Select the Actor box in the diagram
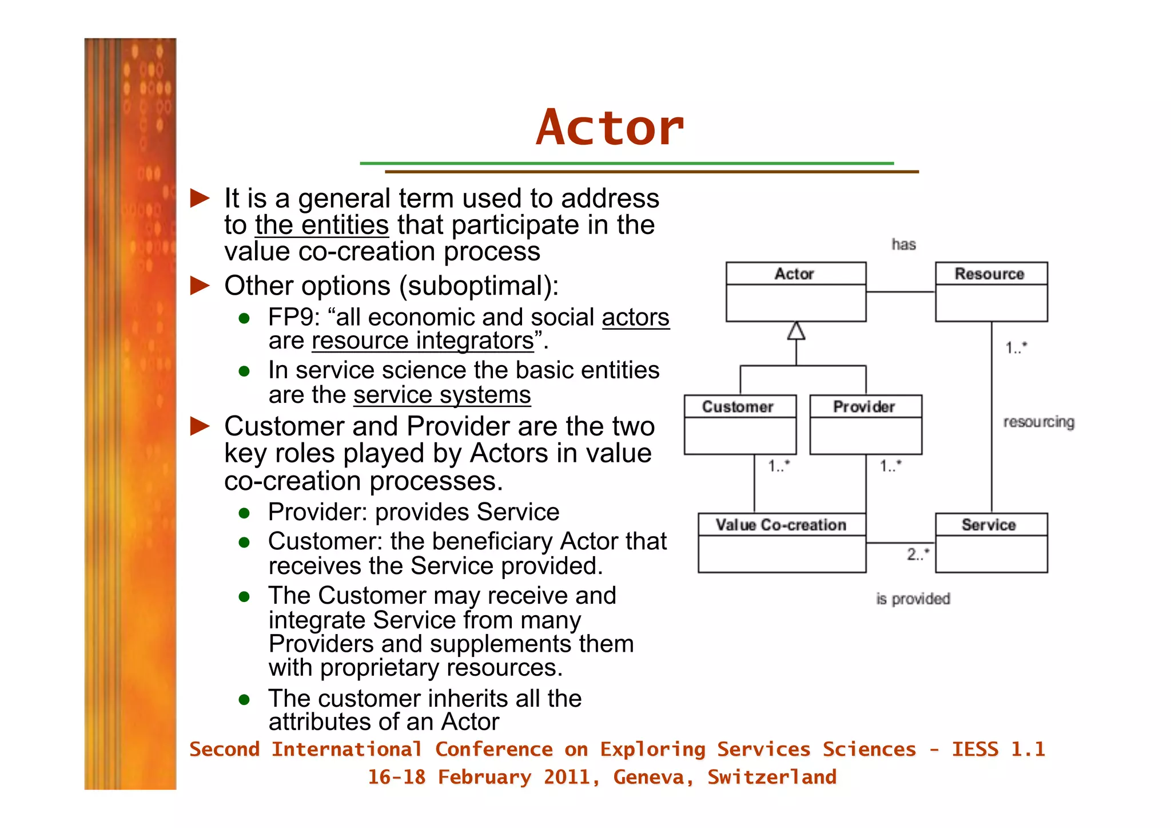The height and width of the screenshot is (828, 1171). point(795,292)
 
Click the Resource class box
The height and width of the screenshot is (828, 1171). point(991,292)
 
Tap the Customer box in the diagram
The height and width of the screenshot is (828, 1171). point(739,425)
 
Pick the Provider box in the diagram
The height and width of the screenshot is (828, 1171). point(865,425)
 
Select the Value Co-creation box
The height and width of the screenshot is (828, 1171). point(781,542)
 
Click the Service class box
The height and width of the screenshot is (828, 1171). point(991,542)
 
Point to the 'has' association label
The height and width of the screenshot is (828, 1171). point(903,245)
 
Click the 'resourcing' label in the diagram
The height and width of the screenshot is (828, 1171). point(1038,422)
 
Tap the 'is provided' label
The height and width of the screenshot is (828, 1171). point(913,599)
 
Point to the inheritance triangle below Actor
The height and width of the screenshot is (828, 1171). point(796,331)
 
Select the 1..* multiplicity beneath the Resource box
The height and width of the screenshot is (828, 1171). point(1016,347)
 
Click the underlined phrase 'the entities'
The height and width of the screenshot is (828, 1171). point(322,225)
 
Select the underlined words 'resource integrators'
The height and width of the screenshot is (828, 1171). point(423,341)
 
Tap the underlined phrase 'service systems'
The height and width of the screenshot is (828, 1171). point(442,395)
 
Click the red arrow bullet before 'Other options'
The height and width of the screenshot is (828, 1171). point(200,285)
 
